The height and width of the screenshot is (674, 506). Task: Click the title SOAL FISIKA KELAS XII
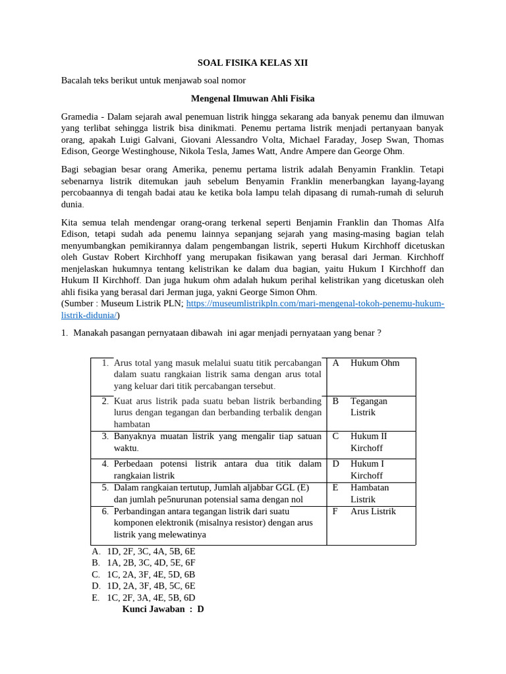[253, 63]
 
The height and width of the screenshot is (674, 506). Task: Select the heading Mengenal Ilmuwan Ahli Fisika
[252, 99]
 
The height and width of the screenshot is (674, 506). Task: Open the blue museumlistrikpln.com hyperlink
[316, 303]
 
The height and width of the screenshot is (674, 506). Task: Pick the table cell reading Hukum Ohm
[374, 363]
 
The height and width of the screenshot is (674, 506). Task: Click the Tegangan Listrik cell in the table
[369, 407]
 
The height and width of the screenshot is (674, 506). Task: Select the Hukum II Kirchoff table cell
[369, 442]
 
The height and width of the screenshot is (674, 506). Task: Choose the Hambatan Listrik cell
[370, 494]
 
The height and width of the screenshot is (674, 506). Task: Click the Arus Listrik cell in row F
[373, 511]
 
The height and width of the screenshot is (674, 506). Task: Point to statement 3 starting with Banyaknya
[217, 442]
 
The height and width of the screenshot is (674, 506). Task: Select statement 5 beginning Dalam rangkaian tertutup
[211, 494]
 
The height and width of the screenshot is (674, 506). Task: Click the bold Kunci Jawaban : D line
[163, 609]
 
